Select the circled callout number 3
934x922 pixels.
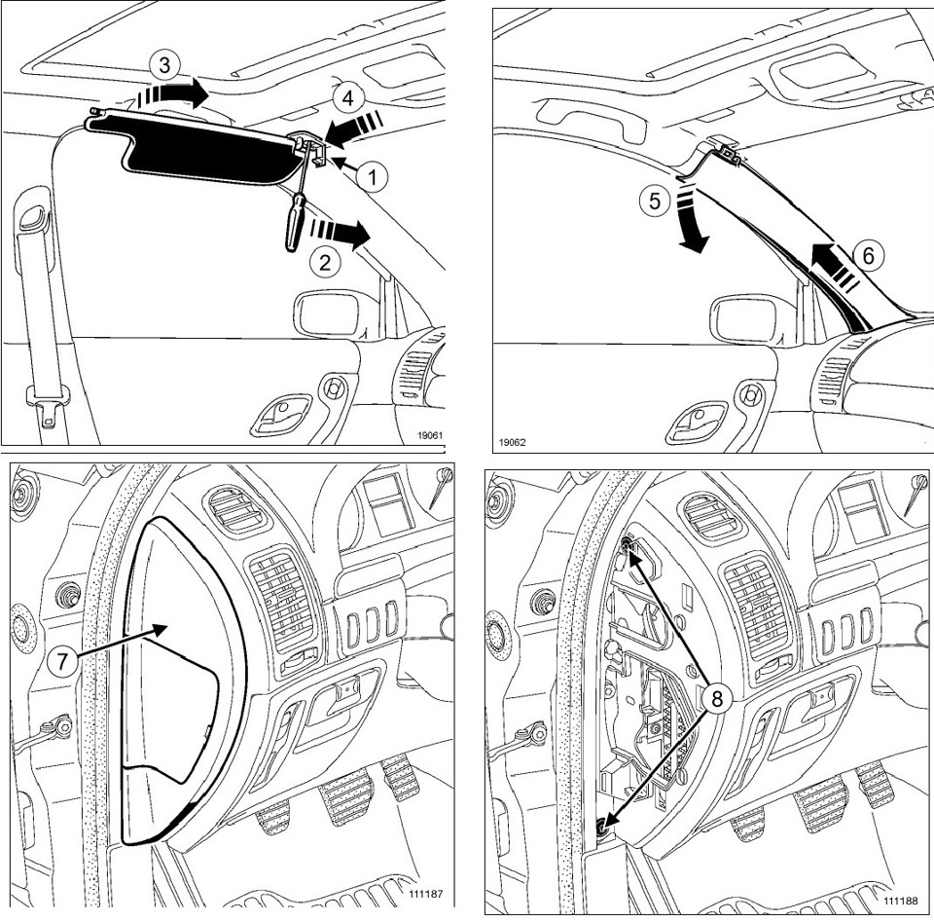pyautogui.click(x=165, y=66)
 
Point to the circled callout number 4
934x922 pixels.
pyautogui.click(x=344, y=99)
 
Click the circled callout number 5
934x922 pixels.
pyautogui.click(x=654, y=201)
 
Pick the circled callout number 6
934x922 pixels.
pyautogui.click(x=869, y=255)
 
